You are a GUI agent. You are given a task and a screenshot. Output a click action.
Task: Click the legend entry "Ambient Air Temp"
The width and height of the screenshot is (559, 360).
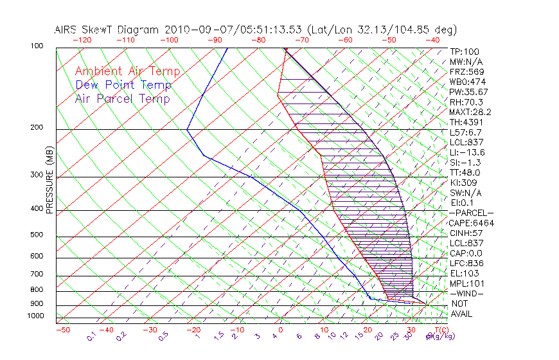point(127,71)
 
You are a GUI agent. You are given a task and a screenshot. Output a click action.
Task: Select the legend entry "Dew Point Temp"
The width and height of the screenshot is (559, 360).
point(123,85)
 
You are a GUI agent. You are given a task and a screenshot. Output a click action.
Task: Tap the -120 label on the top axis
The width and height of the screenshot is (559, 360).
point(81,39)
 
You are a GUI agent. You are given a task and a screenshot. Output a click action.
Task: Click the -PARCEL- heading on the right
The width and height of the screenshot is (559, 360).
point(471,213)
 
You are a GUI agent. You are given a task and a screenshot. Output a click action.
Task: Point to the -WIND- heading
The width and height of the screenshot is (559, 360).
point(467,293)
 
